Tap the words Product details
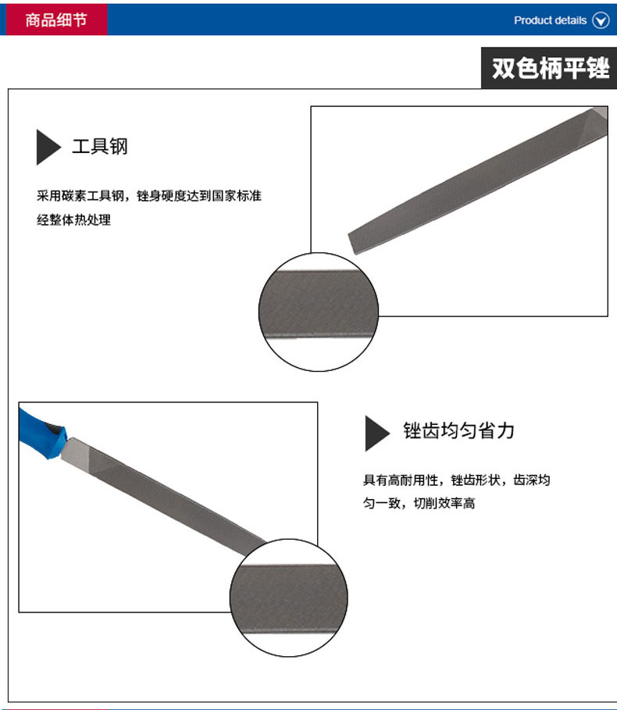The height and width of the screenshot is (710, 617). point(550,20)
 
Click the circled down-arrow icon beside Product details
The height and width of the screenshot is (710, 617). point(601,20)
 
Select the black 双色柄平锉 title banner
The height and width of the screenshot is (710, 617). point(549,69)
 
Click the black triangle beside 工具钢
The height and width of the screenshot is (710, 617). point(48,147)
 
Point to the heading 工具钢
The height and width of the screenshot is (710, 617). point(99,146)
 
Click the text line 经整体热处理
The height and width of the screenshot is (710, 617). point(74,220)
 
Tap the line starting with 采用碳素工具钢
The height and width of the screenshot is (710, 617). point(148,196)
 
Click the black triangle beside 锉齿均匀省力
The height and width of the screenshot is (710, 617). point(376,433)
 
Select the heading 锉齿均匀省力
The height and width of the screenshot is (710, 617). point(458,431)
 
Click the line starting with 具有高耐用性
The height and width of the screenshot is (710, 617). point(456,480)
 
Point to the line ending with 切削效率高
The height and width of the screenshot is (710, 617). point(419,504)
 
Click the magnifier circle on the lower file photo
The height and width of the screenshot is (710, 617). point(288,598)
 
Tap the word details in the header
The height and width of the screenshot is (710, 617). point(570,20)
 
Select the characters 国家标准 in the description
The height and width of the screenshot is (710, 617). point(237,196)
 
